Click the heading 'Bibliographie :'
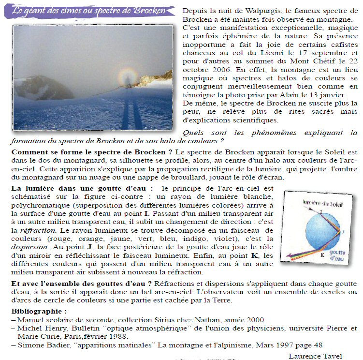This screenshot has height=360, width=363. [39, 311]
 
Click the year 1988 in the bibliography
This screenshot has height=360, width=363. [131, 337]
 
